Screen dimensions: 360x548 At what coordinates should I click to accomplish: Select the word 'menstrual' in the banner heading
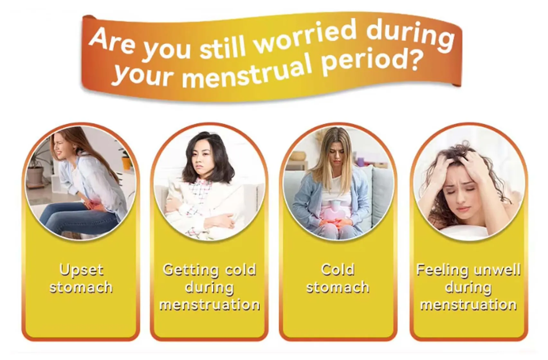click(x=248, y=73)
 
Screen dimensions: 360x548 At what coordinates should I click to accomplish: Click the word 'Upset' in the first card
click(x=81, y=270)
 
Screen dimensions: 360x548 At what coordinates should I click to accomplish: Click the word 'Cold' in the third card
click(x=338, y=270)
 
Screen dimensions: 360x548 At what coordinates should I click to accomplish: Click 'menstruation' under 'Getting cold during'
click(x=210, y=304)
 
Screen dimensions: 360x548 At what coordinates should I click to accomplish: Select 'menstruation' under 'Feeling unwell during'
click(x=469, y=304)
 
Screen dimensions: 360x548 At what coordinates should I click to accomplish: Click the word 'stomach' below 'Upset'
click(x=81, y=287)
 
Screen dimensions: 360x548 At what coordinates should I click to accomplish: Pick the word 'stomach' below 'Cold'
click(x=338, y=287)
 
